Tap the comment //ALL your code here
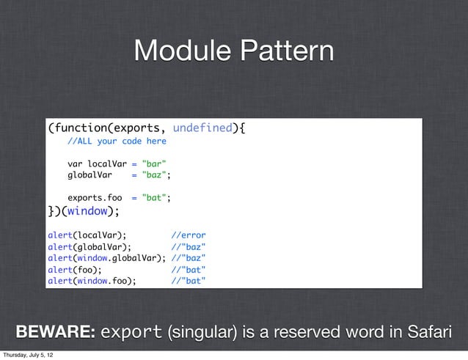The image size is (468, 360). [x=117, y=141]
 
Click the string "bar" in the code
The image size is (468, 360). [x=153, y=163]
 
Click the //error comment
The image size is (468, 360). [x=189, y=235]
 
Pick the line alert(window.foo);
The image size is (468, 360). [x=92, y=280]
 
